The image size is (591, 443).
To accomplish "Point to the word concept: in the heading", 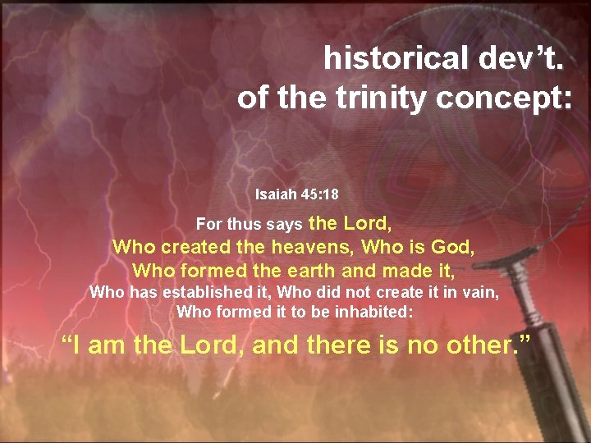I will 504,98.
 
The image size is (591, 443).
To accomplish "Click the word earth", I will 296,269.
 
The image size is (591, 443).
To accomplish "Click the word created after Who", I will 195,246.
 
